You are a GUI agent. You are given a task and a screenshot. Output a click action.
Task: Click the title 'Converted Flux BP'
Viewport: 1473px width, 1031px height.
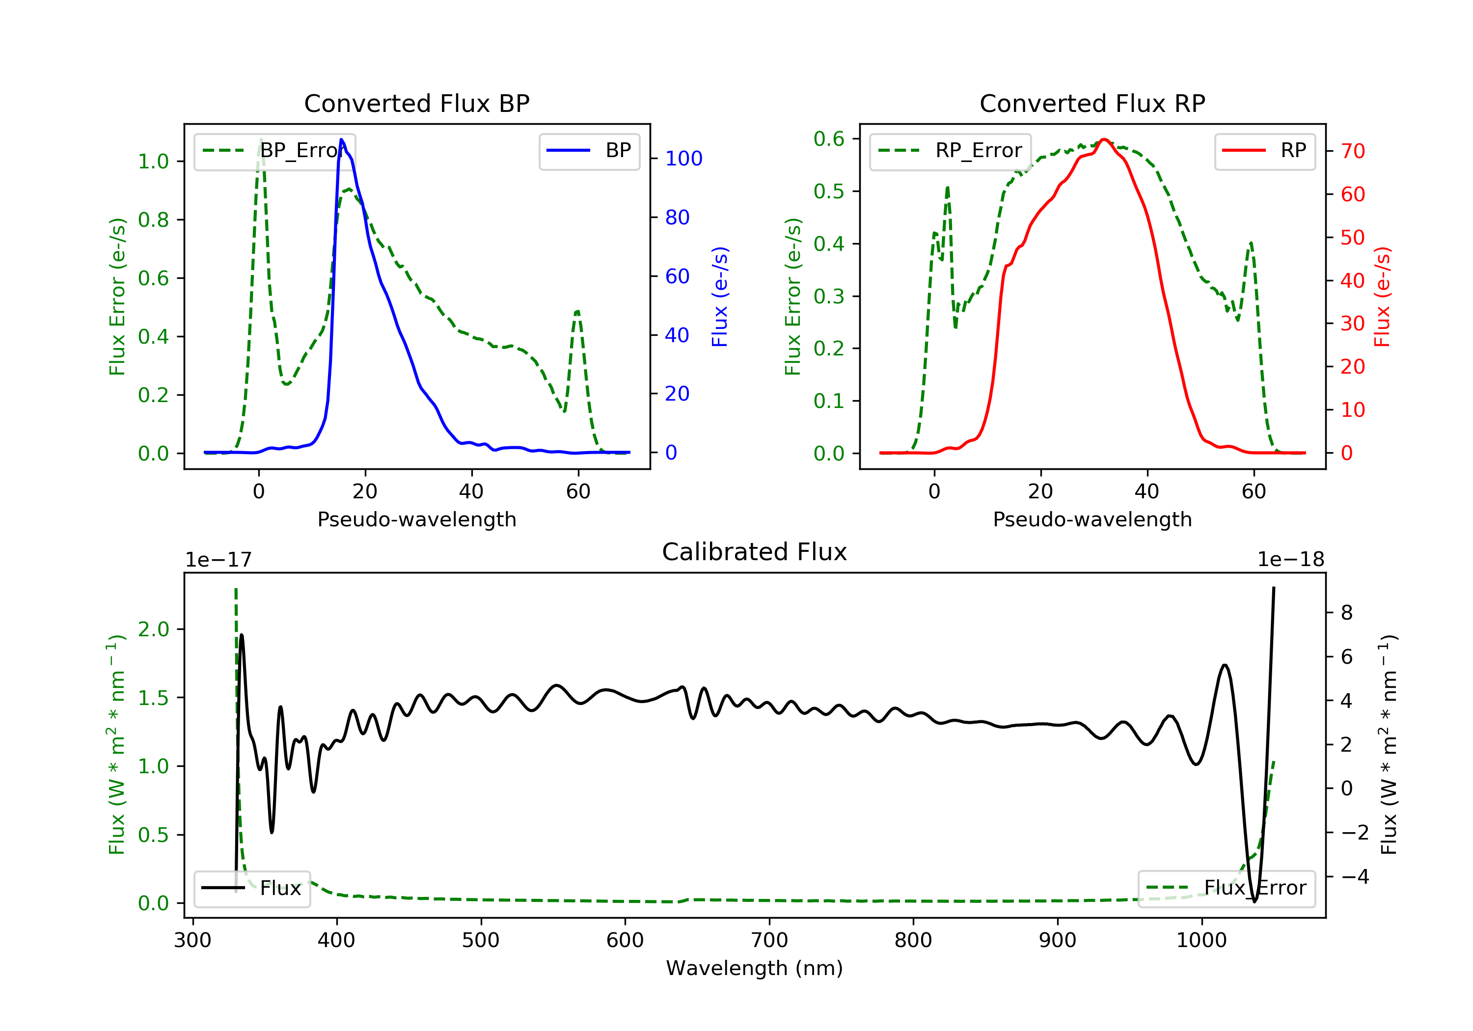click(416, 103)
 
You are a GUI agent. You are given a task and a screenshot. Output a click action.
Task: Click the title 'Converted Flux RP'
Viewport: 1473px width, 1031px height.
click(1092, 103)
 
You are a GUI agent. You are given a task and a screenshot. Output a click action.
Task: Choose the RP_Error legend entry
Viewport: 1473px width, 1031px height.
click(950, 151)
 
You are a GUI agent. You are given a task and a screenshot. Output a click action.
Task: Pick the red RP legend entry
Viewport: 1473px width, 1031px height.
click(1264, 151)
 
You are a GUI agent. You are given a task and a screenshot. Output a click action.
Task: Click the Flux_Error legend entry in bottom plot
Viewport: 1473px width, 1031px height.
click(1226, 888)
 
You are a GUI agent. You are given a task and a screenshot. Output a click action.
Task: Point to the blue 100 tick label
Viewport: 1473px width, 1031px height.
click(683, 159)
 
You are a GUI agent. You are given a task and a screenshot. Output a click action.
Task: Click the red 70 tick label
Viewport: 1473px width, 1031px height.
click(1352, 151)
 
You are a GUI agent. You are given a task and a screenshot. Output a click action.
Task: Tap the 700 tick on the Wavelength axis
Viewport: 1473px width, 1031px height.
click(769, 941)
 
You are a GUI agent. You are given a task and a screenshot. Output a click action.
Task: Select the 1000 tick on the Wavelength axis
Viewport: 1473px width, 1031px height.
click(1201, 941)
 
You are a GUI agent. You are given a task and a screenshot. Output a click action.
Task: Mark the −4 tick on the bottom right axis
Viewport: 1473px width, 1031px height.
click(1354, 876)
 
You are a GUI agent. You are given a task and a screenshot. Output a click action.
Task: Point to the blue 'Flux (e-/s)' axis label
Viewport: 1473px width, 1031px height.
click(720, 297)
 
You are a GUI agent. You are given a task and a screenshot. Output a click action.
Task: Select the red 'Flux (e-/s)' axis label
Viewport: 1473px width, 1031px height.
click(1382, 297)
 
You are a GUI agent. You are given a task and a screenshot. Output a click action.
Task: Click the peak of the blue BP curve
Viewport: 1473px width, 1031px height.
click(341, 140)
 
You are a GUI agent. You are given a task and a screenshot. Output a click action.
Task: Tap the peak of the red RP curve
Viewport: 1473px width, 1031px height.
click(1103, 139)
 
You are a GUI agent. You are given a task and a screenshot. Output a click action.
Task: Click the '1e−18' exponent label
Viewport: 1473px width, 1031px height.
click(1290, 560)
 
